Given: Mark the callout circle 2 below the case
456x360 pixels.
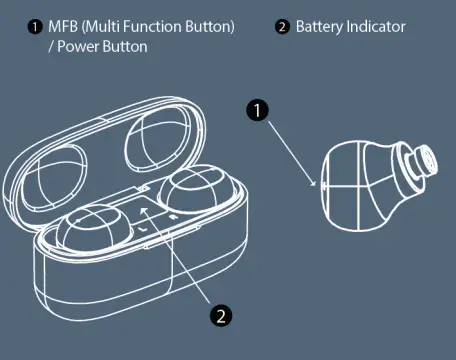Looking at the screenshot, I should point(222,316).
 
